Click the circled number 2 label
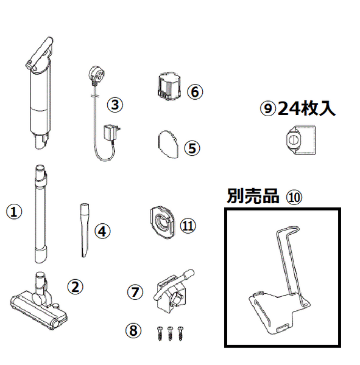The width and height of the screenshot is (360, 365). coord(75,286)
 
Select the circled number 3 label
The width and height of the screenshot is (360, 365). coord(116,104)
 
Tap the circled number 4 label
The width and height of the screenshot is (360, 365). coord(102,231)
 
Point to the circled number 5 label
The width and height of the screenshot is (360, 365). coord(191,147)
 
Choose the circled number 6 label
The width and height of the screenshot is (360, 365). coord(194,92)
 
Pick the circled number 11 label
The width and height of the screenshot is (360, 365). coord(188,225)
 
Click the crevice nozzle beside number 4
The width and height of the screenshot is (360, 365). coord(83,232)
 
